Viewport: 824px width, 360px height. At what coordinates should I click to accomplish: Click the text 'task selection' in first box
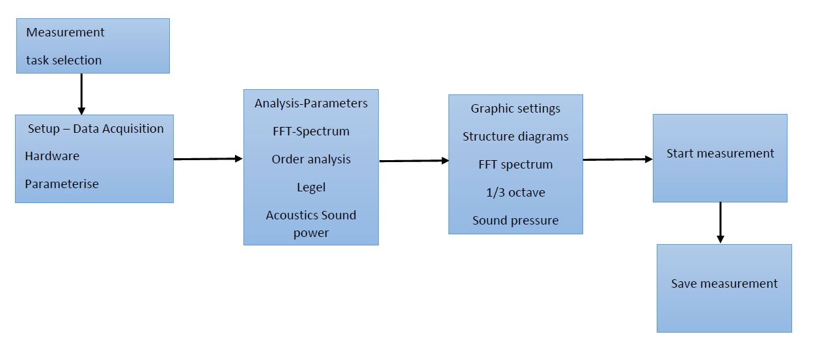[64, 60]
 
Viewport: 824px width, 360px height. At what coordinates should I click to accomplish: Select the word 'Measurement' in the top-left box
[65, 32]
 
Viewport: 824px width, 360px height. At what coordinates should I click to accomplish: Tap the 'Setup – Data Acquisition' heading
[96, 128]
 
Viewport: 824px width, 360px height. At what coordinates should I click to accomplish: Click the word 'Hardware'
[52, 156]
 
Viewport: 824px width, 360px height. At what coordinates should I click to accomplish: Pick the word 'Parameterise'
[62, 184]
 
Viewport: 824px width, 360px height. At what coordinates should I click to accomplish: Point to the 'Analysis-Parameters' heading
[311, 104]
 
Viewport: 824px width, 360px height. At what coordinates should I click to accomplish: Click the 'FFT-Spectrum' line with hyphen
[311, 132]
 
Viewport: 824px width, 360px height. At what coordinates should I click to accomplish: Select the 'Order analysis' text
[311, 159]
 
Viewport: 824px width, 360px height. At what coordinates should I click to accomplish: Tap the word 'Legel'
[311, 187]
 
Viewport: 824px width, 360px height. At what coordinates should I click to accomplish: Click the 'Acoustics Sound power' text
[311, 223]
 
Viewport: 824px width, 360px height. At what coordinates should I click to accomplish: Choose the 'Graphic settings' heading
[515, 109]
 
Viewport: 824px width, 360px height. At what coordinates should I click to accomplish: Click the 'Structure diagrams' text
[515, 137]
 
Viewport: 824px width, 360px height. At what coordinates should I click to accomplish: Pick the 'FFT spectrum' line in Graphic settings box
[515, 165]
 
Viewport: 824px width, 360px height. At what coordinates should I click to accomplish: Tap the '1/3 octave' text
[515, 193]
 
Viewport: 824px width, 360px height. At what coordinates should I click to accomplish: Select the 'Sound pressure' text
[515, 221]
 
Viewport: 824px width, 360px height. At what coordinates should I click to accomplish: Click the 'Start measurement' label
[721, 154]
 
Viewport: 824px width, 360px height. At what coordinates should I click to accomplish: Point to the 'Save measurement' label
[724, 284]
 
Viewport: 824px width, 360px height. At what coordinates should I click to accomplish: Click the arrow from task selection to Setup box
[81, 94]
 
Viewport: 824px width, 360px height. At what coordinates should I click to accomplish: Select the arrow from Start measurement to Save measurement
[720, 223]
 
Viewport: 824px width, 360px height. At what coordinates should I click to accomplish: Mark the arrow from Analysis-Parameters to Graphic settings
[413, 161]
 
